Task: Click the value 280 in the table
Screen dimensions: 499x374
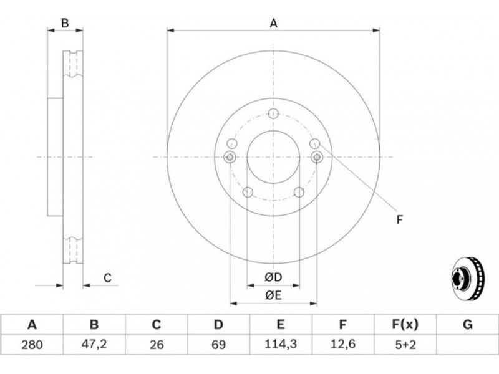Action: click(x=32, y=345)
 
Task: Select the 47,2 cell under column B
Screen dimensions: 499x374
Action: click(x=94, y=345)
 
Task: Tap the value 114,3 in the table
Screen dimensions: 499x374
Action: click(x=281, y=345)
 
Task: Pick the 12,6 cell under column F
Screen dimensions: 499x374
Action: click(x=342, y=345)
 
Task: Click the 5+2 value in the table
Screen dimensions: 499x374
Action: click(x=405, y=345)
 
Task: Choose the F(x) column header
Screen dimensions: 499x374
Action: click(x=405, y=325)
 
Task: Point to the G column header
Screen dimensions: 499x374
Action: click(x=467, y=325)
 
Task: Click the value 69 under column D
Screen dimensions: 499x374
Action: click(x=218, y=345)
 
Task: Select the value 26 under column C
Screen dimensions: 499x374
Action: click(x=157, y=345)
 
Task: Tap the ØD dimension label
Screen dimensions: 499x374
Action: click(x=273, y=277)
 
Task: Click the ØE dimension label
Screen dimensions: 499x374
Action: click(x=273, y=295)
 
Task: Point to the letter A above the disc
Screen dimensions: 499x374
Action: click(x=274, y=23)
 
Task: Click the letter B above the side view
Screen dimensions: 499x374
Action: click(x=65, y=23)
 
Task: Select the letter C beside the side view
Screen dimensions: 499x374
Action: click(x=107, y=278)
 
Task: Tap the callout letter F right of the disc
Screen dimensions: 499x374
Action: click(x=400, y=220)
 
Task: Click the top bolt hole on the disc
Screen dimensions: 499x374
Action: click(x=273, y=113)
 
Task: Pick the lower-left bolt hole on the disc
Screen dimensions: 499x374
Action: click(x=248, y=192)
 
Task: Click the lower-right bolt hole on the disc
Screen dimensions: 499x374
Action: click(x=299, y=192)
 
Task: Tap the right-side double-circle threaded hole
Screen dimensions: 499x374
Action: click(x=317, y=157)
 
